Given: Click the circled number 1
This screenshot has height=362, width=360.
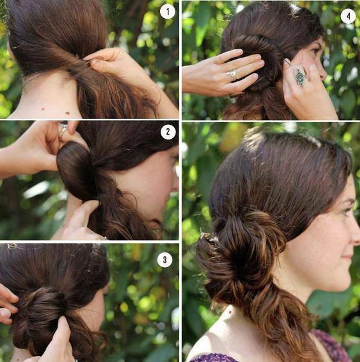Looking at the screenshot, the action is (x=167, y=12).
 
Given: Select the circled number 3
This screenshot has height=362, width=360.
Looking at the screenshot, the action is (x=165, y=260).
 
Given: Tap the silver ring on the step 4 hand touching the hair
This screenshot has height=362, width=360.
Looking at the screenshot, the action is (x=232, y=74).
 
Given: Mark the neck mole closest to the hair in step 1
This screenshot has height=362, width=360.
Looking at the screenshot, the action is (x=67, y=113).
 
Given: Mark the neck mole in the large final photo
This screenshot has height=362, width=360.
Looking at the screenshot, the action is (x=230, y=312).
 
